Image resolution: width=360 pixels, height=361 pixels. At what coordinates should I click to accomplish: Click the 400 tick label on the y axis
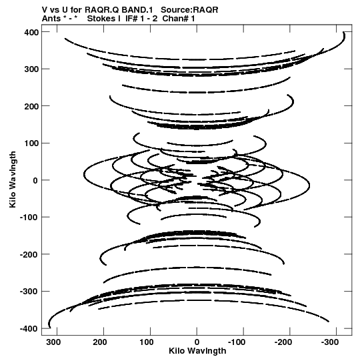(x=31, y=33)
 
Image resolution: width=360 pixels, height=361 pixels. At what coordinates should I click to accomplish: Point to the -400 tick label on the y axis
(x=29, y=329)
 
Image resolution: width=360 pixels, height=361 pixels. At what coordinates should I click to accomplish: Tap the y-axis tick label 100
(x=31, y=143)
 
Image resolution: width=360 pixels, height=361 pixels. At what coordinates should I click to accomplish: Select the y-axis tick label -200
(x=29, y=255)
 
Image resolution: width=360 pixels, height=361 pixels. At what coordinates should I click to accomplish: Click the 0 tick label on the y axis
(x=35, y=180)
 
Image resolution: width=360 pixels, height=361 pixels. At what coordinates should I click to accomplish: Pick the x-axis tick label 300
(x=53, y=342)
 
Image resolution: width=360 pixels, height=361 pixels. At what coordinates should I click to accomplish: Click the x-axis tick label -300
(x=330, y=342)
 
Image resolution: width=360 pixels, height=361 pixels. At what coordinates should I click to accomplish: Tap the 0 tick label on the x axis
(x=197, y=342)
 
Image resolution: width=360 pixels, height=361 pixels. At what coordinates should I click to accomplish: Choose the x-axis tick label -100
(x=237, y=342)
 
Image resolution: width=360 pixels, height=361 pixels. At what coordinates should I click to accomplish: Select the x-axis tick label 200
(x=100, y=342)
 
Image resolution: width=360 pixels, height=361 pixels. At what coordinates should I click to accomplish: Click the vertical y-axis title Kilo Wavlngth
(x=13, y=179)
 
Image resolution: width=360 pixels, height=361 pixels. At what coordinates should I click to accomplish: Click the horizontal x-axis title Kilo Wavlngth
(x=197, y=351)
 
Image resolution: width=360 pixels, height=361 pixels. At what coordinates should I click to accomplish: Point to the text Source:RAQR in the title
(x=189, y=10)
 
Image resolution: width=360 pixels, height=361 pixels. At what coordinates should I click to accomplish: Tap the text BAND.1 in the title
(x=137, y=10)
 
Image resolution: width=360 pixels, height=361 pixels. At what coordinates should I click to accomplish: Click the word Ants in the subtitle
(x=50, y=19)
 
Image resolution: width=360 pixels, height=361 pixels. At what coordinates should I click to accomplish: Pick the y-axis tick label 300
(x=31, y=69)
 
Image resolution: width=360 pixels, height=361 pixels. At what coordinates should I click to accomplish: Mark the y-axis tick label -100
(x=29, y=218)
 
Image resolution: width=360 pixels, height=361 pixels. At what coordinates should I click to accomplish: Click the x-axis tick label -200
(x=283, y=342)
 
